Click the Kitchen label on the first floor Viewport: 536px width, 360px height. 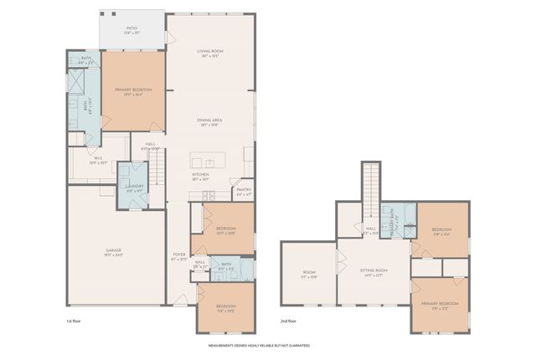(x=201, y=177)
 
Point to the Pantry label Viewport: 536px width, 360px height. (x=244, y=192)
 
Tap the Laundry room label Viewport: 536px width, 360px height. (x=133, y=188)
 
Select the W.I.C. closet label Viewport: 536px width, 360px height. (x=98, y=160)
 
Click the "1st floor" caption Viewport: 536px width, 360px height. (x=75, y=321)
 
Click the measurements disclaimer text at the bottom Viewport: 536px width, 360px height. (x=259, y=345)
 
